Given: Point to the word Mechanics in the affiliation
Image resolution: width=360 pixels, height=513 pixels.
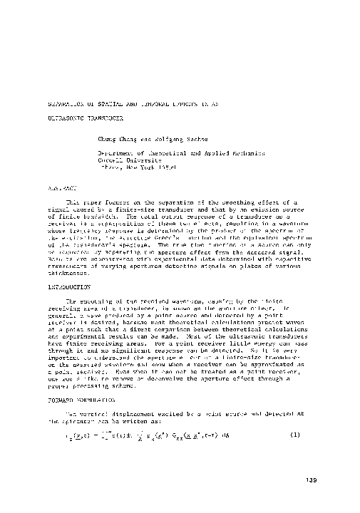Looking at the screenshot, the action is [247, 153].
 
